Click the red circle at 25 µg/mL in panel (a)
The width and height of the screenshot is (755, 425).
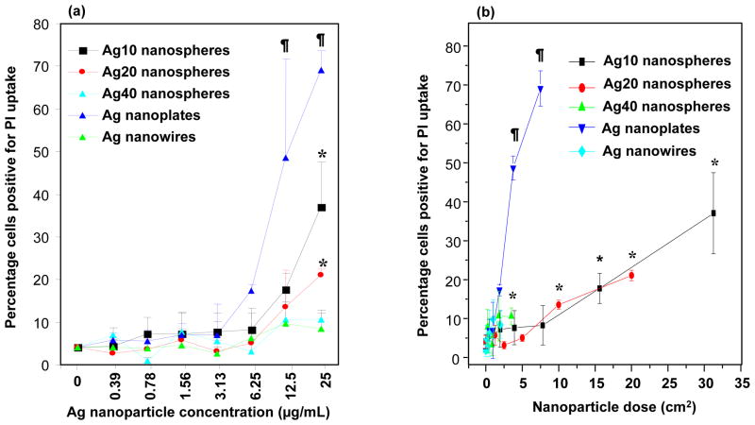pos(322,274)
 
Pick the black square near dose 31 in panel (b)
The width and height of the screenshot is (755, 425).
pos(713,213)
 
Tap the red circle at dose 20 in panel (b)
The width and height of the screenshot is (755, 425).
pos(631,276)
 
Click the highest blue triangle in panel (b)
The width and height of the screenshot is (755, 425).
pos(541,90)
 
